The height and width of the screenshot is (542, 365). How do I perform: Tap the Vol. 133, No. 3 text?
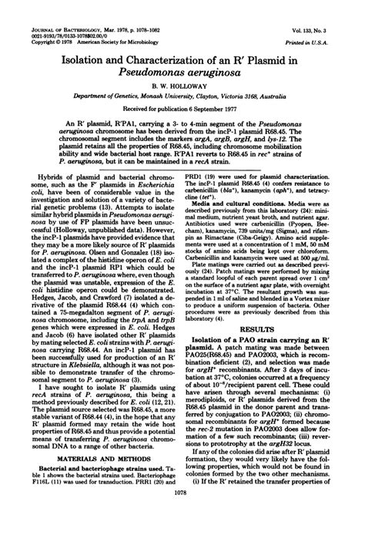[x=333, y=8]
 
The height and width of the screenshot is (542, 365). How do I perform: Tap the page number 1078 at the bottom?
[x=182, y=534]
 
